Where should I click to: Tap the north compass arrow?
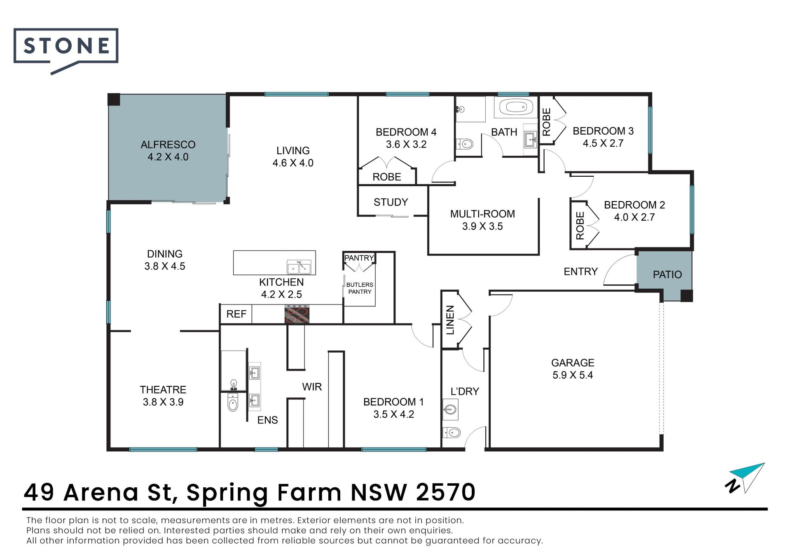746,478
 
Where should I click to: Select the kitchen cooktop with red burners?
297,314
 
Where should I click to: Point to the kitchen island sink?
299,267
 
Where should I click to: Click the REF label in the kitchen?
236,314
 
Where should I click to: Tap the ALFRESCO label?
168,145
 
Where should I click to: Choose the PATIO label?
667,274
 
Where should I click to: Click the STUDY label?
391,202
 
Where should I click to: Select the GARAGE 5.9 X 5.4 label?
573,369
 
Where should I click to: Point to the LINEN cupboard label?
450,320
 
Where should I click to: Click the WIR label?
312,387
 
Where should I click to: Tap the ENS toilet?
233,402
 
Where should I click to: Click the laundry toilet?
452,433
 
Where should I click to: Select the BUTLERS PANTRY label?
360,288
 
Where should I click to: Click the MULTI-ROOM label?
482,214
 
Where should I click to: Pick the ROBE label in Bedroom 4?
387,177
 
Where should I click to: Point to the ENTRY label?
581,271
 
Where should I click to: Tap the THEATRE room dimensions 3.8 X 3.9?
163,402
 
